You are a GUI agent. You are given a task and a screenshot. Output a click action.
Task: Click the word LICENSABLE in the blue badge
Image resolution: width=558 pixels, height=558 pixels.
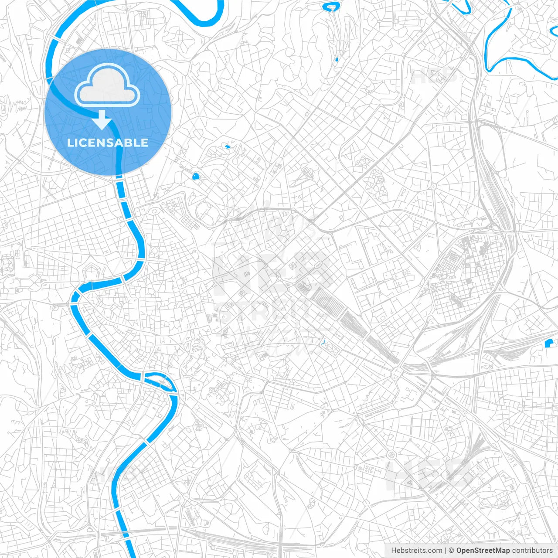[x=108, y=143]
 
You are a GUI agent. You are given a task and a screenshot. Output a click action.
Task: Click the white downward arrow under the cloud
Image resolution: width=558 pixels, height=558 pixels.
[x=102, y=120]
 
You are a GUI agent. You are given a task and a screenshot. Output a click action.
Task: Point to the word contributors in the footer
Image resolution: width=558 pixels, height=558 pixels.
[x=532, y=551]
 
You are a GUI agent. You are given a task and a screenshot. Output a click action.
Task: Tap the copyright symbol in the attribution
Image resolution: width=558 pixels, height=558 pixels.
[x=452, y=551]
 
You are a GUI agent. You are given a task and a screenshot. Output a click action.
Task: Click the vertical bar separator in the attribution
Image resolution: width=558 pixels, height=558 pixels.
[x=446, y=551]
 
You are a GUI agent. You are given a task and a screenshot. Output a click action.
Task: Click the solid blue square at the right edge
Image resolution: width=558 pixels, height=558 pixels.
[x=549, y=344]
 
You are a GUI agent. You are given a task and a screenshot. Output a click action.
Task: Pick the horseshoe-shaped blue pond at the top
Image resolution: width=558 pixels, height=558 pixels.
[x=331, y=7]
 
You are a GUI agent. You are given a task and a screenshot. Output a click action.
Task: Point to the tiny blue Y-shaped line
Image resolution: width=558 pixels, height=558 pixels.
[x=323, y=343]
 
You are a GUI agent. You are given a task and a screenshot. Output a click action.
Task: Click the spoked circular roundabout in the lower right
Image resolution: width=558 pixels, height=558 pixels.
[x=391, y=455]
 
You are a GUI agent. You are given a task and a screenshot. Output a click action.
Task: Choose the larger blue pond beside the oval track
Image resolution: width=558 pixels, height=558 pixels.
[x=196, y=177]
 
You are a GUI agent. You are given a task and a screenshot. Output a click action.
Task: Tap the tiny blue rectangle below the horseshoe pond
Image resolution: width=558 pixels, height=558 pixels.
[x=336, y=59]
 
